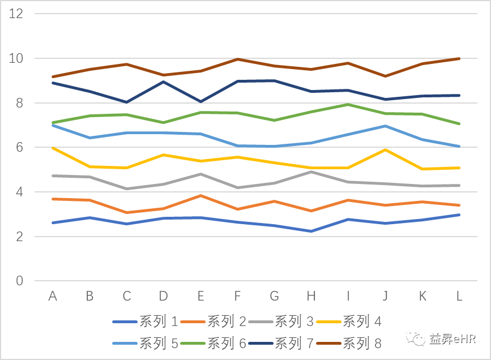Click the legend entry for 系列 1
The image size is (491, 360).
[146, 322]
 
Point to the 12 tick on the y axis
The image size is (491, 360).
[16, 14]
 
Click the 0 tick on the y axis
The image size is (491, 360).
[20, 281]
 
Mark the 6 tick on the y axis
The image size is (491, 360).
[20, 147]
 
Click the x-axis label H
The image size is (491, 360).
[311, 295]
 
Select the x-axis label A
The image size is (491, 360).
[53, 295]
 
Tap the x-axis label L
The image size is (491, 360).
[459, 295]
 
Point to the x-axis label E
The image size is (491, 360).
[200, 295]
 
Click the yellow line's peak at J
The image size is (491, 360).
[386, 149]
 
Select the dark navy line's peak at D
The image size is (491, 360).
[164, 82]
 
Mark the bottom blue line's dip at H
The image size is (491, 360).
[311, 231]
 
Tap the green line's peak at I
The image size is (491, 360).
[348, 104]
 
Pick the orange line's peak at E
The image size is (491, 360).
[200, 195]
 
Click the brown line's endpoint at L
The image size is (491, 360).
[459, 58]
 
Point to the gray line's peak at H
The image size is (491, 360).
[311, 172]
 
